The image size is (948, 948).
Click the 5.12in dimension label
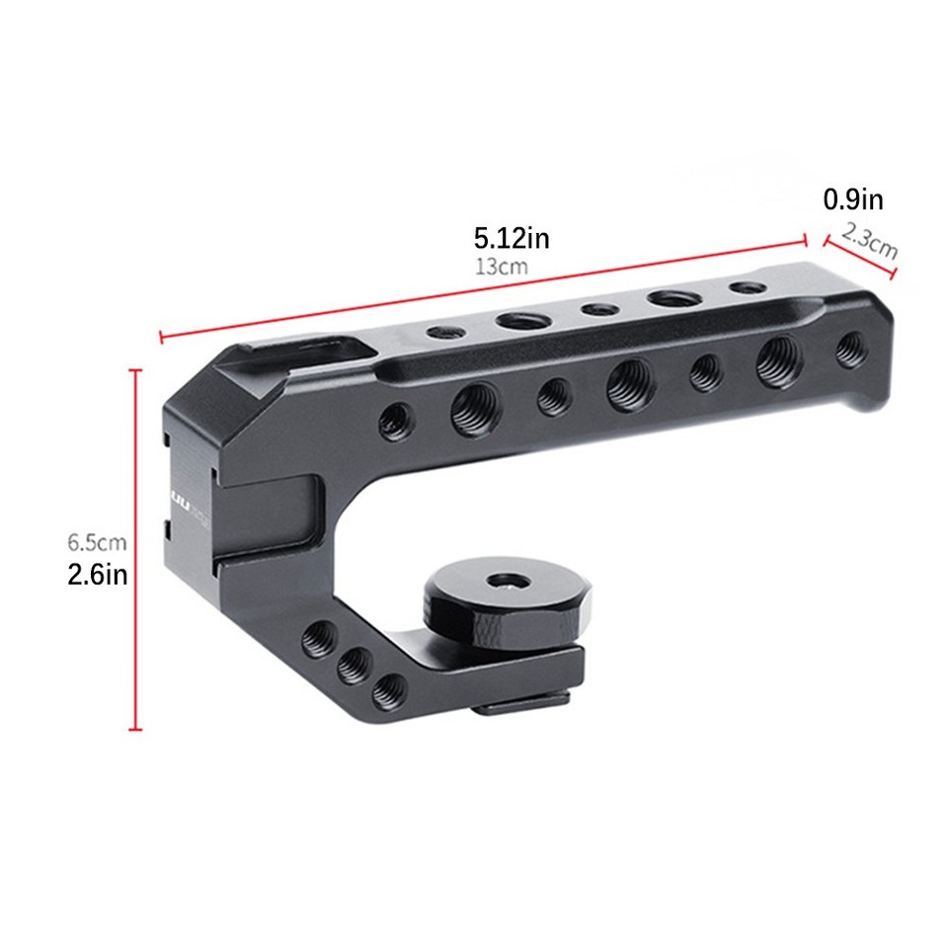click(511, 237)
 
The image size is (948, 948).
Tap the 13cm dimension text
click(501, 267)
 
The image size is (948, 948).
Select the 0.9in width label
click(853, 200)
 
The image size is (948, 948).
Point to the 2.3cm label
click(870, 243)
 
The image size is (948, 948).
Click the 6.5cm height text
click(97, 542)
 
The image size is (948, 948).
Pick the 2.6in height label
click(97, 575)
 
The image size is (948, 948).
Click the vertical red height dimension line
click(136, 549)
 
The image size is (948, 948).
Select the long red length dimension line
click(484, 287)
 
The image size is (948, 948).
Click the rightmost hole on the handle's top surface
click(747, 287)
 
